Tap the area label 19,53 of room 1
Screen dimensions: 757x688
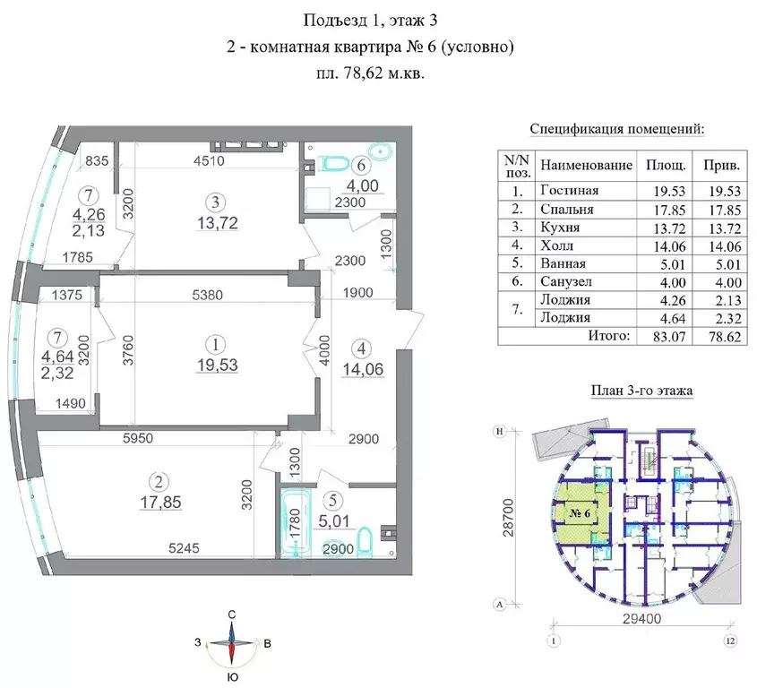pos(218,365)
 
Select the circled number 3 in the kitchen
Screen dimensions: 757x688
pos(215,202)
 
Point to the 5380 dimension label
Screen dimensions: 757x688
pos(208,295)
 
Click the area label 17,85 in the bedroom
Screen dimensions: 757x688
pos(160,503)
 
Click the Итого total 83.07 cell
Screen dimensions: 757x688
pos(669,337)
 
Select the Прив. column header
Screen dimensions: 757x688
pos(721,166)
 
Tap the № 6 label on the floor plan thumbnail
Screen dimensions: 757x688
pos(580,513)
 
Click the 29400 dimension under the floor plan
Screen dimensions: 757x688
pos(641,618)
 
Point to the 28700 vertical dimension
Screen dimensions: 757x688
pos(509,518)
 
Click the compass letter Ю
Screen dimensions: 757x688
pos(233,677)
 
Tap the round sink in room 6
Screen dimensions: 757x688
pos(383,151)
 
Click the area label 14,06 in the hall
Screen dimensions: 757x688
pos(363,369)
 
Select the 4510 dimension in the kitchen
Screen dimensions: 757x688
pos(209,160)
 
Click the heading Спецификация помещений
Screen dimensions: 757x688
pos(617,129)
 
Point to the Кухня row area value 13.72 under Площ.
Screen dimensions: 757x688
pos(669,228)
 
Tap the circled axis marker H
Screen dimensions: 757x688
pos(500,432)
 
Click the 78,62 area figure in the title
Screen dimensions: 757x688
pos(363,73)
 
